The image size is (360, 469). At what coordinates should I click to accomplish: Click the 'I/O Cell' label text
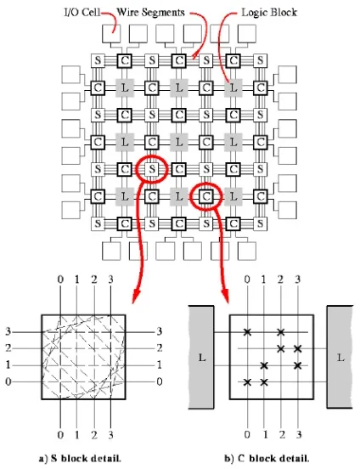82,13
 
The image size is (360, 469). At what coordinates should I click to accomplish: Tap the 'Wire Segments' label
150,12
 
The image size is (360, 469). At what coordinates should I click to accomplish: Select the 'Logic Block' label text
269,12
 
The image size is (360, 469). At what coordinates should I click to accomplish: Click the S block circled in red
152,169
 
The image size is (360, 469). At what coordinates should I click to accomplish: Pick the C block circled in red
206,196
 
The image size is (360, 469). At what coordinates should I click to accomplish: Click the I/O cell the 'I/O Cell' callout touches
111,33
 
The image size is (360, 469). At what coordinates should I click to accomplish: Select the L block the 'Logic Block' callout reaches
233,88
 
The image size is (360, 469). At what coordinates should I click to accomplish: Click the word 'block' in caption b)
262,458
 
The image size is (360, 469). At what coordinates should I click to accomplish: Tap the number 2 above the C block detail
280,280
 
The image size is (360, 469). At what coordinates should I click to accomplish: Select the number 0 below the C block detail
247,434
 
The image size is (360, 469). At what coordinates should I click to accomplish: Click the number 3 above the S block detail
111,280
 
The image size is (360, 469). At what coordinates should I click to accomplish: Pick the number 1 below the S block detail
77,435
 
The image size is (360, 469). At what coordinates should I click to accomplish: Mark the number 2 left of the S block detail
8,348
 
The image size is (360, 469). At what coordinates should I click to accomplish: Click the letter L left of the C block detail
202,357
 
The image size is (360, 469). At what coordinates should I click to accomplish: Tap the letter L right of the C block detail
340,357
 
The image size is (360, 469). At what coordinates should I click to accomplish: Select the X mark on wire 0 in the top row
247,331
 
